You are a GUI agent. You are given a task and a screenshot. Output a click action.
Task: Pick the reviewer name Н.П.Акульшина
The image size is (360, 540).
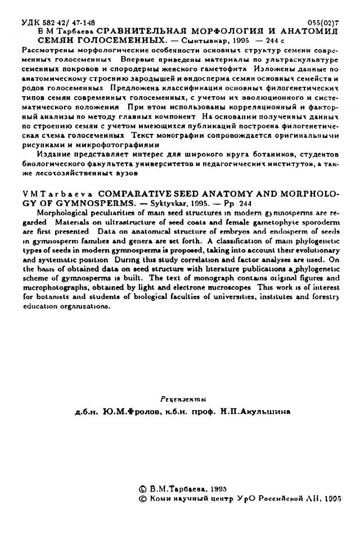[x=256, y=411]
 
